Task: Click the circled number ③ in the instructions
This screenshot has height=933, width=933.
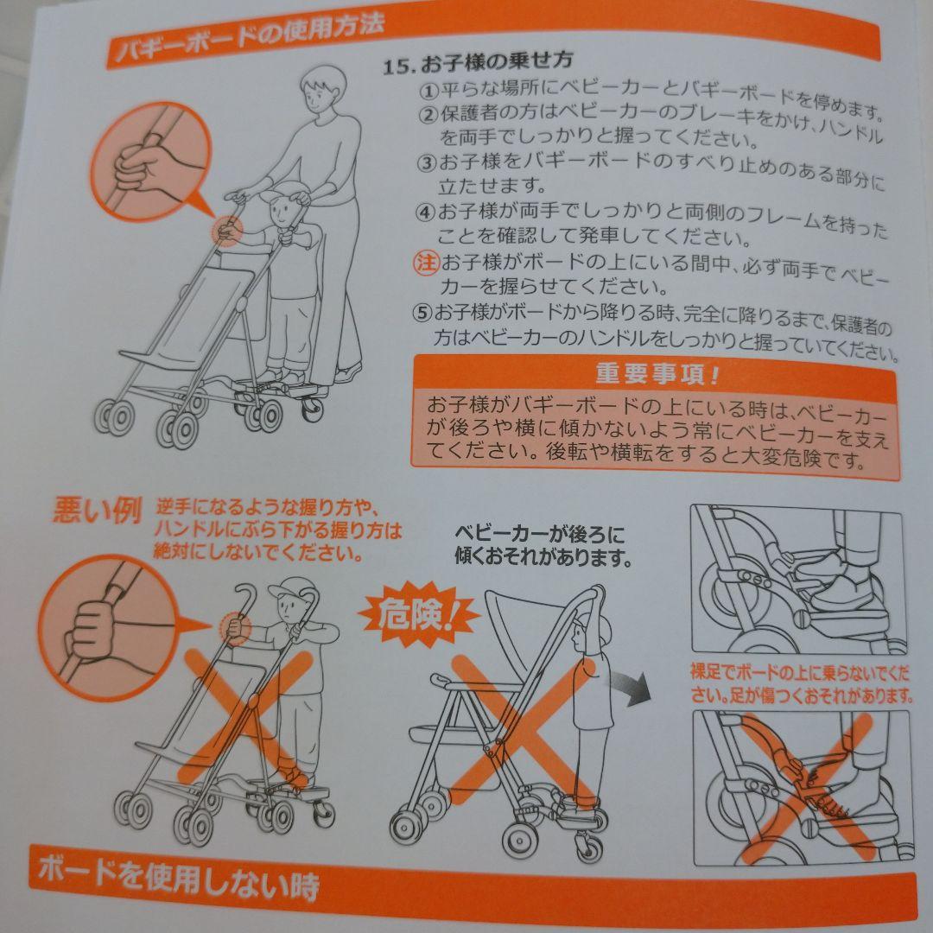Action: (x=427, y=162)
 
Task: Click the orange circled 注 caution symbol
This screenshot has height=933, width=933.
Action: (x=425, y=263)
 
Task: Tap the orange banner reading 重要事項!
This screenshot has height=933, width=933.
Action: (x=657, y=374)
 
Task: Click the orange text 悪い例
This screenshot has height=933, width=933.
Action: (x=97, y=511)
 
